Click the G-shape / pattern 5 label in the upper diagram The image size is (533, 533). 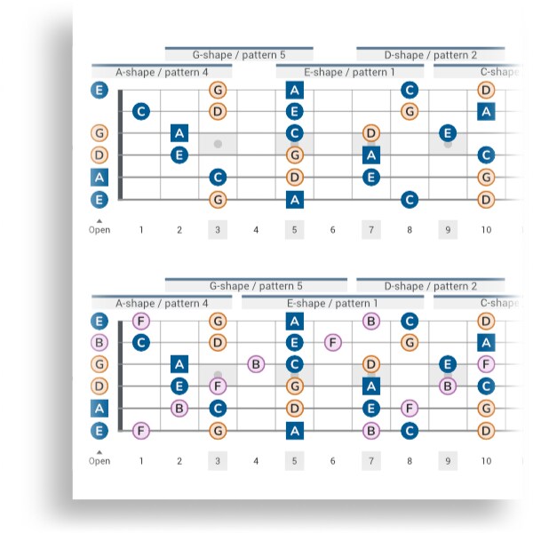tap(239, 55)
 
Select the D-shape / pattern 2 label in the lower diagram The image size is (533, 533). tap(430, 286)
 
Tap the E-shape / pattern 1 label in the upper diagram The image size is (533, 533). tap(349, 72)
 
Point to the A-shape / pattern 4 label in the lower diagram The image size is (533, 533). tap(162, 303)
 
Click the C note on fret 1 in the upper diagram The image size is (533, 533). tap(140, 111)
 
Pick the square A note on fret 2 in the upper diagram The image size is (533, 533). tap(179, 133)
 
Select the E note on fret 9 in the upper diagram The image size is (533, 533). tap(448, 133)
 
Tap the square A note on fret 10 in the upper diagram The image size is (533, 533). tap(486, 111)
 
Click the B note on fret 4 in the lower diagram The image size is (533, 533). tap(256, 363)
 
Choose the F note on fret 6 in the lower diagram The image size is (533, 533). tap(333, 342)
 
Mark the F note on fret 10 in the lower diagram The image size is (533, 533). tap(486, 363)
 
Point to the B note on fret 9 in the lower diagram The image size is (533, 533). tap(448, 386)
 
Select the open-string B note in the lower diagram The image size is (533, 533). tap(99, 342)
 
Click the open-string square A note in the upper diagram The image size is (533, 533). tap(99, 177)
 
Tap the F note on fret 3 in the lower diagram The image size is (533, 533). tap(218, 386)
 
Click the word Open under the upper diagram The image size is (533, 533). tap(99, 230)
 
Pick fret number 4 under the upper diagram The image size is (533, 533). tap(256, 230)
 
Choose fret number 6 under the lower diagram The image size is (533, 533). tap(333, 461)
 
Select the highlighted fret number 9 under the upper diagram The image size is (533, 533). tap(448, 230)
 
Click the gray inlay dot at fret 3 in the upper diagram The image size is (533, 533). tap(218, 144)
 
